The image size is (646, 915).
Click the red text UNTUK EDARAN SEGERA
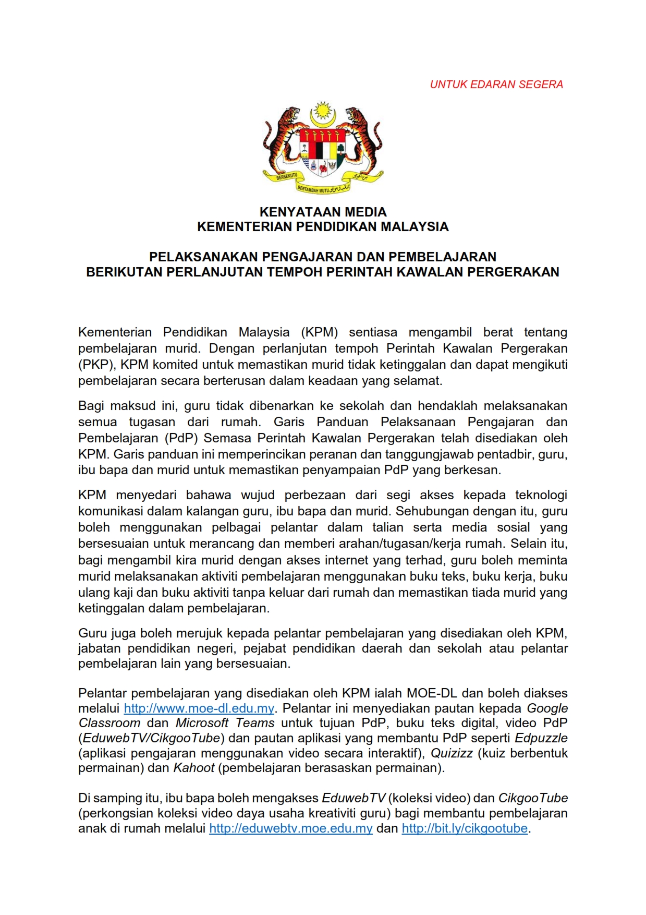pos(496,85)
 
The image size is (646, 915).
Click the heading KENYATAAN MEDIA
pos(323,212)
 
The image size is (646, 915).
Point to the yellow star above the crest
pos(322,111)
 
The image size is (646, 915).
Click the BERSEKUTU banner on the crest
pos(286,177)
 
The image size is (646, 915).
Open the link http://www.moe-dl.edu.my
pos(199,708)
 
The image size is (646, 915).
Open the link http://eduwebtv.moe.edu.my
pos(290,828)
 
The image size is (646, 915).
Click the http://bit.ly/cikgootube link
pos(464,828)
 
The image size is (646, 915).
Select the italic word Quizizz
pos(451,753)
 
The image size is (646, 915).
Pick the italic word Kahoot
pos(194,767)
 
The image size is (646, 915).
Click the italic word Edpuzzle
pos(541,738)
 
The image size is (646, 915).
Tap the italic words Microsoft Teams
pos(225,723)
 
